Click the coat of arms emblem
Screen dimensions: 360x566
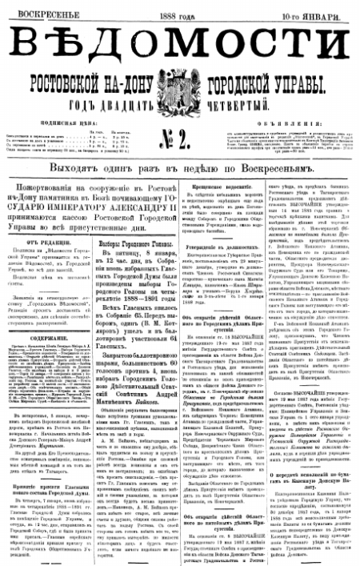tap(181, 91)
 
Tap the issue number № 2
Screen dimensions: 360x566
tap(181, 129)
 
